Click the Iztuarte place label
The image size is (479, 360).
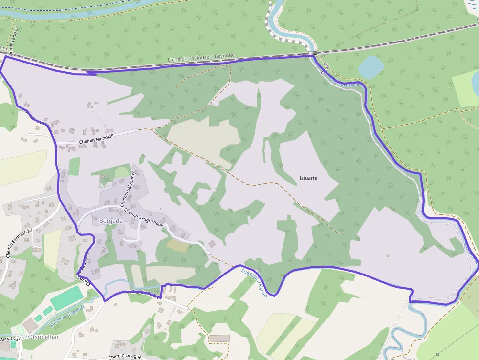click(308, 178)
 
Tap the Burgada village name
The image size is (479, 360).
click(111, 221)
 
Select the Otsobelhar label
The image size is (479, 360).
click(44, 337)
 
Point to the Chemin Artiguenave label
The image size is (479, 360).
click(144, 218)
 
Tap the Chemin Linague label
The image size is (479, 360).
click(125, 356)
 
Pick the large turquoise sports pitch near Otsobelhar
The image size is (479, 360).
click(67, 297)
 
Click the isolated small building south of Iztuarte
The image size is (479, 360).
click(388, 255)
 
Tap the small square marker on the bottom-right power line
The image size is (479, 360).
click(437, 354)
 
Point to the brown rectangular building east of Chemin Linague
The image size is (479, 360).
click(219, 338)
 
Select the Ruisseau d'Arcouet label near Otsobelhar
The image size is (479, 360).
click(67, 317)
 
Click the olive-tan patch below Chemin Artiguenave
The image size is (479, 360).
click(177, 245)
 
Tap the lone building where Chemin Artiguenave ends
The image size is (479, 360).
click(212, 243)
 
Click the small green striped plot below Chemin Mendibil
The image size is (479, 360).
click(74, 166)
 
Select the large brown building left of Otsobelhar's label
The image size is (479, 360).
click(30, 324)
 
